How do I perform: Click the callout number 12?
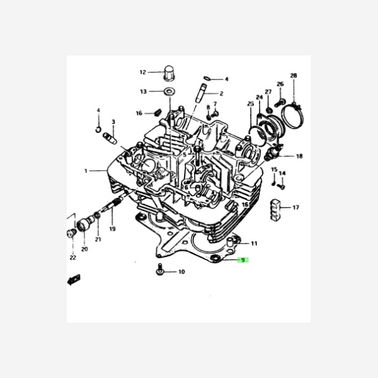pyautogui.click(x=142, y=72)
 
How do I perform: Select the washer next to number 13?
pyautogui.click(x=169, y=92)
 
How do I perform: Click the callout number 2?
pyautogui.click(x=221, y=93)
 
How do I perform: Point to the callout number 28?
pyautogui.click(x=294, y=76)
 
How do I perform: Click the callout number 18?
pyautogui.click(x=299, y=156)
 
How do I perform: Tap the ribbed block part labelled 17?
pyautogui.click(x=277, y=209)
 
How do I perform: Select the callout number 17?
pyautogui.click(x=295, y=207)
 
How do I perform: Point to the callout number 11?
pyautogui.click(x=254, y=243)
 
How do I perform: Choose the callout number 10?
pyautogui.click(x=181, y=272)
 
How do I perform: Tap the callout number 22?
pyautogui.click(x=72, y=258)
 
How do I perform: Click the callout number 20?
pyautogui.click(x=84, y=249)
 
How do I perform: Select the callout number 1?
pyautogui.click(x=86, y=171)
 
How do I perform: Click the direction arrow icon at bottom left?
pyautogui.click(x=74, y=279)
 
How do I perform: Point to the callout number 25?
pyautogui.click(x=250, y=103)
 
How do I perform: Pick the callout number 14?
pyautogui.click(x=282, y=173)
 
